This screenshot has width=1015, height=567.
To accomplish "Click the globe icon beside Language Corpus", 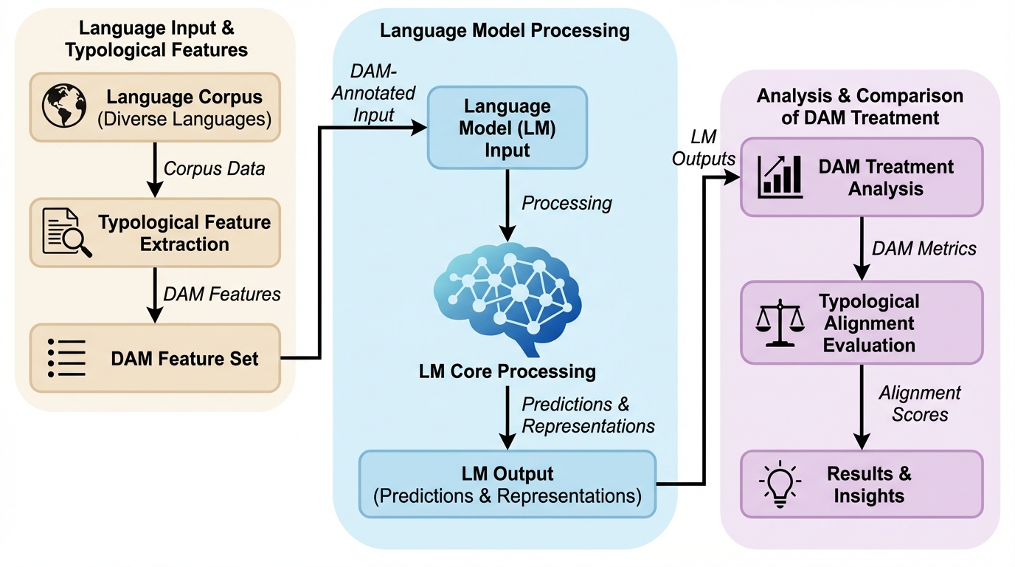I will point(64,106).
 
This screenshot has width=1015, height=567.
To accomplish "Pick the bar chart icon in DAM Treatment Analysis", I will point(780,176).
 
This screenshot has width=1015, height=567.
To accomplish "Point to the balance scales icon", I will point(780,323).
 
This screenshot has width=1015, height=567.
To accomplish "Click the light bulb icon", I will point(780,484).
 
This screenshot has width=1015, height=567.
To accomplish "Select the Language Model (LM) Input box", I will point(507,128).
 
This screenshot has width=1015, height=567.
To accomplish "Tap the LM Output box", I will point(507,484).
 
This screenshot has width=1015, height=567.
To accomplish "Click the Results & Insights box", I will point(862,484).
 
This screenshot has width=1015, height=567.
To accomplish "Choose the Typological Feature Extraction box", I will point(155,233).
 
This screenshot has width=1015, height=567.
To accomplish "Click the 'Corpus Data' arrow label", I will point(214,168).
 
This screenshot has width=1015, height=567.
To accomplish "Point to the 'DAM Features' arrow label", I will point(222,294).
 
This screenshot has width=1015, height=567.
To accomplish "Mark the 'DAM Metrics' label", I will point(924,248).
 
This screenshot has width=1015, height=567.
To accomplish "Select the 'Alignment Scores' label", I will point(919,403).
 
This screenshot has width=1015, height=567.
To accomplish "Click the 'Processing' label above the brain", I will point(567,202).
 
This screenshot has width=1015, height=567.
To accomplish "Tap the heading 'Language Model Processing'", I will point(505,31).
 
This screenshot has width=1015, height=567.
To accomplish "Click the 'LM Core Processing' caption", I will point(507,370).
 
